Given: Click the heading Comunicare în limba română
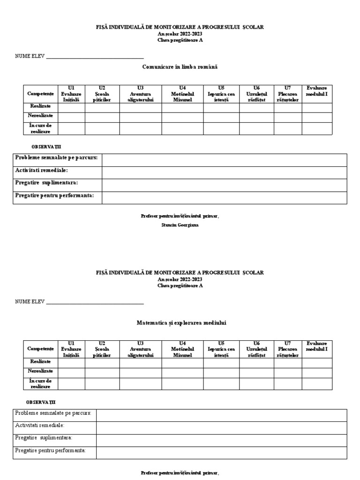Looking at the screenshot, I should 180,67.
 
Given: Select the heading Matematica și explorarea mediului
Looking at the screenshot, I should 180,322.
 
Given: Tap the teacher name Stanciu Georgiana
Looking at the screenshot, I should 180,225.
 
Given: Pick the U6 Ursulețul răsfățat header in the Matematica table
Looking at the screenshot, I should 256,349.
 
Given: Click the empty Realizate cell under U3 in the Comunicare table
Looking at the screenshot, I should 140,107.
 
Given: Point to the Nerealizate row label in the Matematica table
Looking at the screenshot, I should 41,371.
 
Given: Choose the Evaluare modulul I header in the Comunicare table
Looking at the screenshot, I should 317,91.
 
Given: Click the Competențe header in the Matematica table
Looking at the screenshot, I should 41,349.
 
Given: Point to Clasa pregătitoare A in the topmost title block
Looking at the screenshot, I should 180,40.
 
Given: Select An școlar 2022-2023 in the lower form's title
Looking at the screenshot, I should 180,279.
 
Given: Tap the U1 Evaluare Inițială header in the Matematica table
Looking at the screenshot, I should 71,349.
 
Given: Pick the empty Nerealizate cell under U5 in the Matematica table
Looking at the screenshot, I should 221,372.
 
